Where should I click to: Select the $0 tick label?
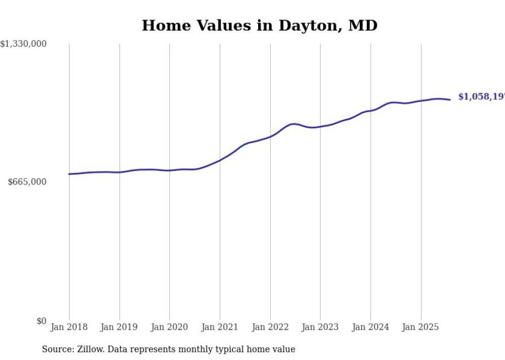[x=41, y=321]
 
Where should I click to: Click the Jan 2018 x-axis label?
[x=69, y=327]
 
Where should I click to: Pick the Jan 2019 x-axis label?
[x=120, y=327]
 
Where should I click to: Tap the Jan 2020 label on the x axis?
[x=170, y=327]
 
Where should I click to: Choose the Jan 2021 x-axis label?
[x=220, y=327]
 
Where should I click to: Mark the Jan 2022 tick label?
[x=270, y=327]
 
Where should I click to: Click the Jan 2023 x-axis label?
[x=321, y=327]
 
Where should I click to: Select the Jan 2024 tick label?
[x=371, y=327]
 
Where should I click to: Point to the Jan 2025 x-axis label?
[x=421, y=327]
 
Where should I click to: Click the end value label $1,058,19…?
[x=481, y=97]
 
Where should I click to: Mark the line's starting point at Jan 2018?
[x=69, y=174]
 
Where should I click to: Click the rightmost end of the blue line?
[x=450, y=99]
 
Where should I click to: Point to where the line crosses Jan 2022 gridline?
[x=270, y=136]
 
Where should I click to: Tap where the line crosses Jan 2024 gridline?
[x=371, y=111]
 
